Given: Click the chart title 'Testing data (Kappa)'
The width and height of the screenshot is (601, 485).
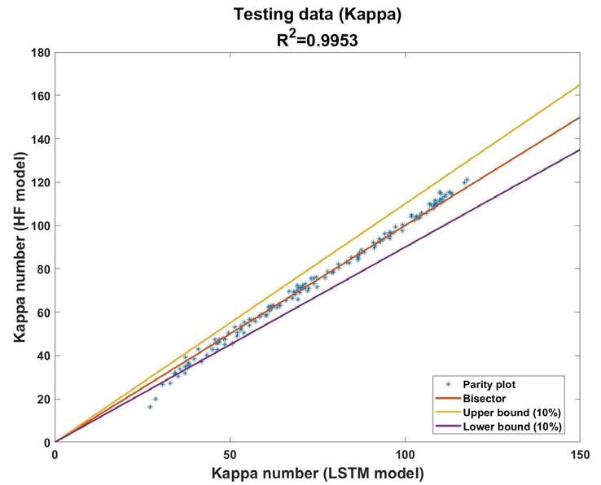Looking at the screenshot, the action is (318, 15).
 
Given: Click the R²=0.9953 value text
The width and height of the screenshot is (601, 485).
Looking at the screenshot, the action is (318, 39).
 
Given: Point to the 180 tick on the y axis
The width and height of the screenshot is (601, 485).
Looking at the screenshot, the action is (42, 52).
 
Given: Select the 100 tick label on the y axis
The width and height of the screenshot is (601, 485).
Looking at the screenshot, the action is (42, 225).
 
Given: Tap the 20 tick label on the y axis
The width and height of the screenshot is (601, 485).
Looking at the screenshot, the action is (45, 400).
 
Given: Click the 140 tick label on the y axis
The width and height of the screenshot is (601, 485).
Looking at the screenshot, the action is (42, 139).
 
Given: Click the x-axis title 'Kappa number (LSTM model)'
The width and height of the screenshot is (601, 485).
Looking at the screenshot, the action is (318, 474).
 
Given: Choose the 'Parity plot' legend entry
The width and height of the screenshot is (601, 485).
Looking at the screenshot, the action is (489, 384).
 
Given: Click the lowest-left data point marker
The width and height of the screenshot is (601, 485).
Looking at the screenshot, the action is (150, 407).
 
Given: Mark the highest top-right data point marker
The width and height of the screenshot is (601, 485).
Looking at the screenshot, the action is (467, 179).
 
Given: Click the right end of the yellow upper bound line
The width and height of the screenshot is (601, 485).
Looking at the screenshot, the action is (580, 85).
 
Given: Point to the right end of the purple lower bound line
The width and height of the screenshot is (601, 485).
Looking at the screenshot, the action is (580, 150).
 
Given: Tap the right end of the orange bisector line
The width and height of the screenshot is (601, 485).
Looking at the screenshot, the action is (580, 118).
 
